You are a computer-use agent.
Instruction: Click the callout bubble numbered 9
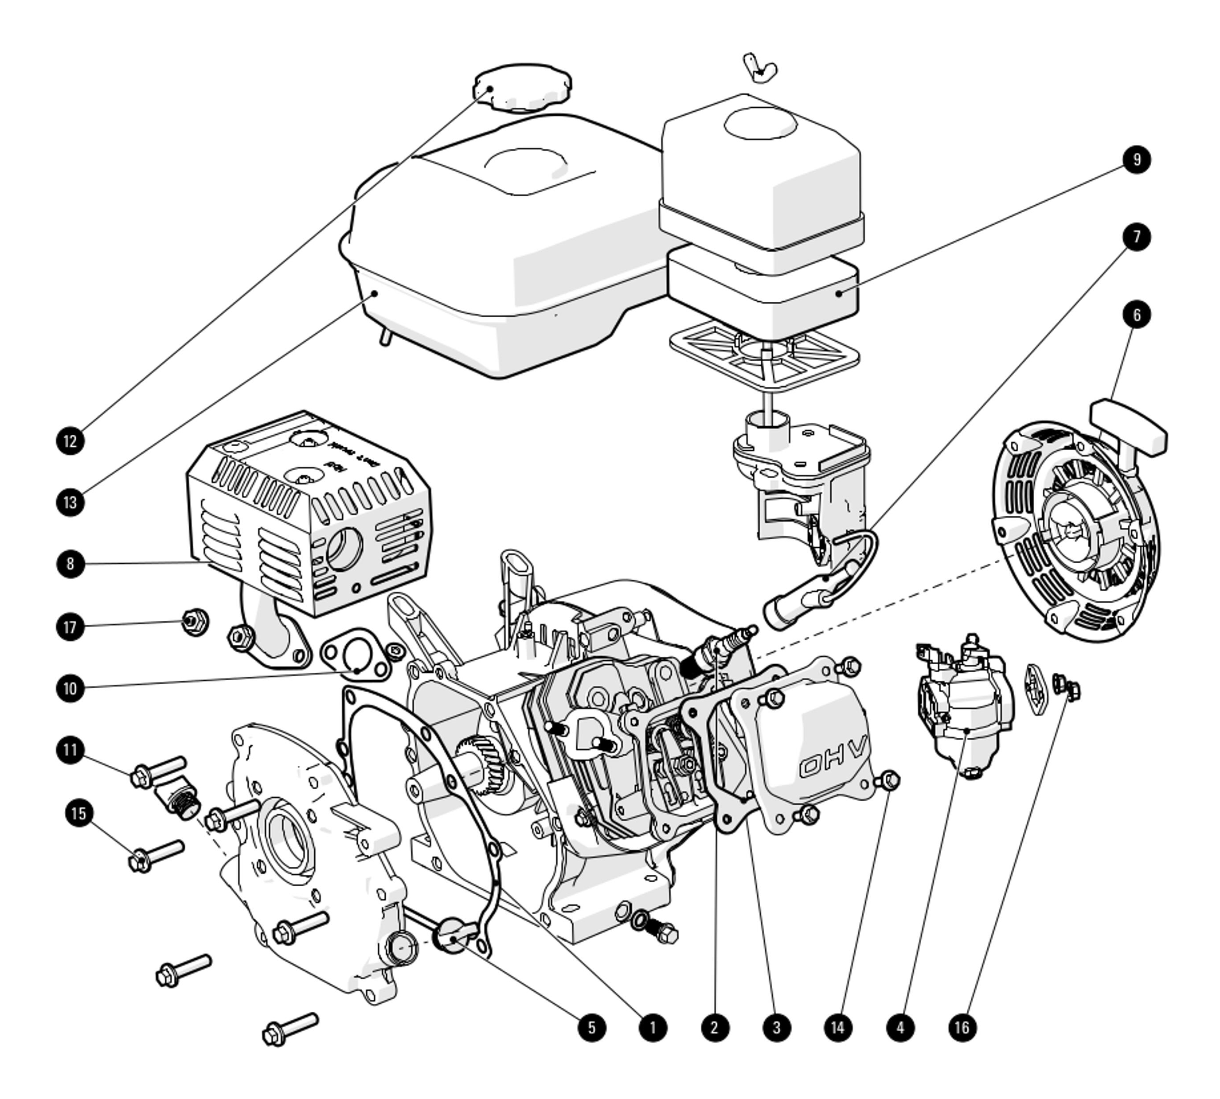pyautogui.click(x=1136, y=160)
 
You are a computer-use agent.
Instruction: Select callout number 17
pyautogui.click(x=70, y=626)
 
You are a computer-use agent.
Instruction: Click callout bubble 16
pyautogui.click(x=962, y=1027)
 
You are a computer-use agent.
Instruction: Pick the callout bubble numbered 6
pyautogui.click(x=1136, y=315)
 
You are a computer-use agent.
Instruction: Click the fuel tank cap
pyautogui.click(x=522, y=86)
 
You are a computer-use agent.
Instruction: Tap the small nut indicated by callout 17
pyautogui.click(x=195, y=621)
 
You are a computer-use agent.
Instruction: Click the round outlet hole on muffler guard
pyautogui.click(x=344, y=548)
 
